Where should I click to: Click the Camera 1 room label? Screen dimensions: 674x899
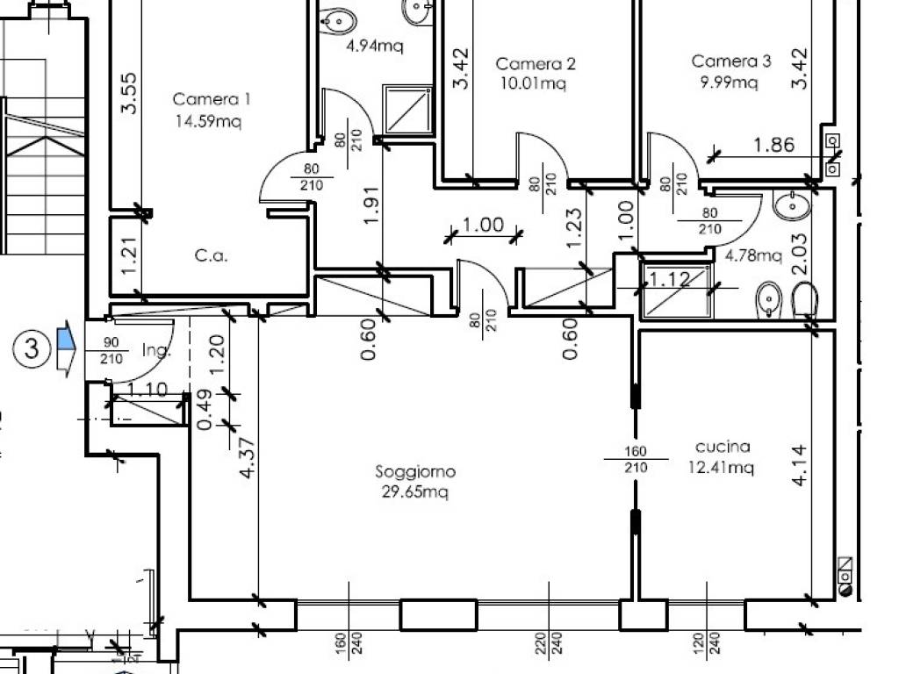tap(212, 99)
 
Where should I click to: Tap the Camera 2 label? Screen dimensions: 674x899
tap(536, 64)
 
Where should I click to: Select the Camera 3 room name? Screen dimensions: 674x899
tap(731, 61)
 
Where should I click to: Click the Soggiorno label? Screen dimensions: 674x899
tap(415, 472)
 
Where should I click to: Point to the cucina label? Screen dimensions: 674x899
tap(722, 447)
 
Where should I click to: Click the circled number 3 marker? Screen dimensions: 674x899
tap(32, 349)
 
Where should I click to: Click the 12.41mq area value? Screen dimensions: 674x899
tap(722, 468)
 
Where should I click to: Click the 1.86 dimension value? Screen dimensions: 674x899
tap(773, 146)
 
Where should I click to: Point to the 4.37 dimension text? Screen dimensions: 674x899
tap(247, 458)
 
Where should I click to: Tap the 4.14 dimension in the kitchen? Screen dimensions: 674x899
tap(800, 465)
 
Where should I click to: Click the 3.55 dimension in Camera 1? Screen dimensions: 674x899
tap(128, 94)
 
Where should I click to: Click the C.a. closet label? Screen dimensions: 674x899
tap(211, 256)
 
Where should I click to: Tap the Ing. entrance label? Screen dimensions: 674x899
tap(155, 351)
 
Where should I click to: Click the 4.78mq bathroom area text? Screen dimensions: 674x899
tap(753, 256)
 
